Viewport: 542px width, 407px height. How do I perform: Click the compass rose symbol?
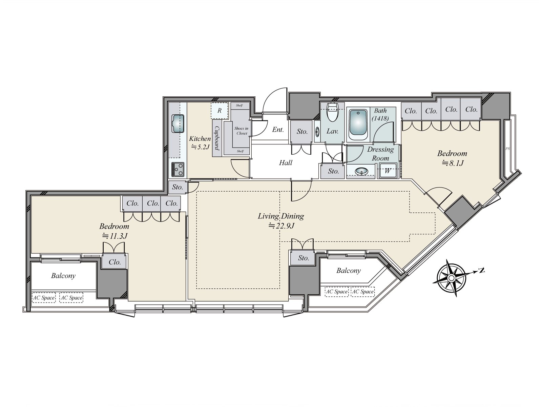pos(451,278)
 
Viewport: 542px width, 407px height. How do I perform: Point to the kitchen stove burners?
pos(178,169)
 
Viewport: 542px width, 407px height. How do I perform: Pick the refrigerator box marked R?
pos(220,111)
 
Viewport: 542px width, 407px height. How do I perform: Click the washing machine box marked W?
pos(388,171)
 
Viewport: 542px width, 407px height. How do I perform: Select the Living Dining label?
pos(281,216)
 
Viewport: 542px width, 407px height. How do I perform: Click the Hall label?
pos(286,162)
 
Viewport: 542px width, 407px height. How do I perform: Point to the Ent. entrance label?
pos(278,130)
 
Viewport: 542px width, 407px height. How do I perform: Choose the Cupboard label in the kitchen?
pos(217,138)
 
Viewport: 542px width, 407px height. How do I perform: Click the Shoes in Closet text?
pos(242,131)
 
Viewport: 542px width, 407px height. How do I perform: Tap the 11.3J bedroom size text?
pos(115,236)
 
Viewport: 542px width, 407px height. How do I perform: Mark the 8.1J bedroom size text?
pos(453,163)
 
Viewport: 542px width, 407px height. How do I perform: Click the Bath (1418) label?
pos(380,114)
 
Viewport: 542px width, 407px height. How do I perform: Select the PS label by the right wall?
pos(508,149)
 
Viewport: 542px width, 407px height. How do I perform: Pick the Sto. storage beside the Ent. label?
pos(302,132)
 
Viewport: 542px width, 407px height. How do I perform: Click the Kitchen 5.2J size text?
pos(201,147)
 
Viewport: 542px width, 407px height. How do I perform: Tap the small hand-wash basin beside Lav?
pos(317,132)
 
